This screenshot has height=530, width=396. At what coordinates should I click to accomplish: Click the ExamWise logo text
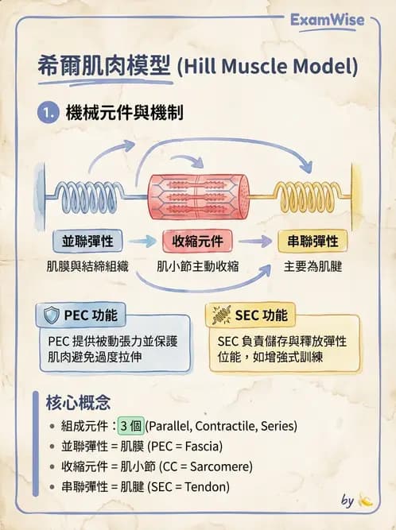pos(327,21)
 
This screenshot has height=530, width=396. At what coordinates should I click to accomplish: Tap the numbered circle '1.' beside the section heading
pos(48,113)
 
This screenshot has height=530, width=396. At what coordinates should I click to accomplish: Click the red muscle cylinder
pos(199,197)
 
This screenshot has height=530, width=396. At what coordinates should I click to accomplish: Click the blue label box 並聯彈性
pos(87,242)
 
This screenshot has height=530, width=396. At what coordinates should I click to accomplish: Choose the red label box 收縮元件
pos(197,242)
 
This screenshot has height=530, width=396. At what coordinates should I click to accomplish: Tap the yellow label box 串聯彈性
pos(313,242)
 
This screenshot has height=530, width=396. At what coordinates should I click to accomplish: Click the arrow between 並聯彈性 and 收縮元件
pos(142,242)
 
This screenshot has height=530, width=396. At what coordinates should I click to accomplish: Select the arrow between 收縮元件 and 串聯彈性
pos(255,242)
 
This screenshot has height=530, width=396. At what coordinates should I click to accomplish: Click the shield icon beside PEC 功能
pos(52,315)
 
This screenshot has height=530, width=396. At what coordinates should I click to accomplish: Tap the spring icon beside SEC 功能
pos(222,315)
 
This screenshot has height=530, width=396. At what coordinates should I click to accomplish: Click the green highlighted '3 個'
pos(131,426)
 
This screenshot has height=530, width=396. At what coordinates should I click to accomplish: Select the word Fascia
pos(202,447)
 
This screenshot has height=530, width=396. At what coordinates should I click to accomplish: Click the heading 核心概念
pos(78,402)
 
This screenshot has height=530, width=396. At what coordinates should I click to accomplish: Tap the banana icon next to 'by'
pos(365,501)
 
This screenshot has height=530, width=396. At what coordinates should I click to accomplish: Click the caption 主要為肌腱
pos(313,267)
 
